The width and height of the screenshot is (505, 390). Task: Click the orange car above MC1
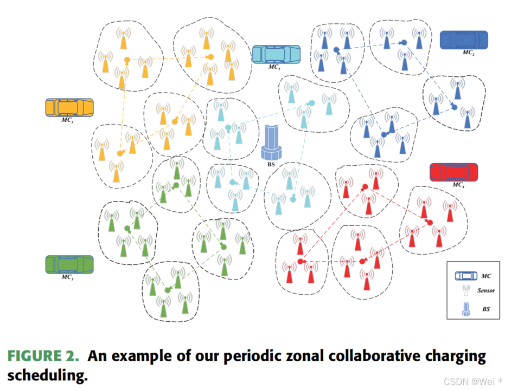(x=69, y=107)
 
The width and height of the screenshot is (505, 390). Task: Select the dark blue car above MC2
(x=463, y=40)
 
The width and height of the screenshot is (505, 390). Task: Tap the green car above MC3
(x=69, y=264)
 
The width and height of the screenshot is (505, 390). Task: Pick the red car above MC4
(x=453, y=172)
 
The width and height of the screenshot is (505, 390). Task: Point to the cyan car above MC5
(x=276, y=54)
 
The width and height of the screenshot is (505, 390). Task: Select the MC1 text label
(x=68, y=120)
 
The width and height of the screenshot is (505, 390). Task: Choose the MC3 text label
(x=67, y=277)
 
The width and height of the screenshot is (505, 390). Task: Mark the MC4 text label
(x=458, y=185)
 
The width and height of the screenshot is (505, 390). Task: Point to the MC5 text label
(x=274, y=67)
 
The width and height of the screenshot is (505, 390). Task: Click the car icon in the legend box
(x=465, y=276)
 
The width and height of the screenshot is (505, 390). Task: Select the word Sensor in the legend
(x=486, y=291)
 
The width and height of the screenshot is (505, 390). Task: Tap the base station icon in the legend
(x=465, y=308)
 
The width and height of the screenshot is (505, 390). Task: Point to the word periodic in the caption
(x=241, y=356)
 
